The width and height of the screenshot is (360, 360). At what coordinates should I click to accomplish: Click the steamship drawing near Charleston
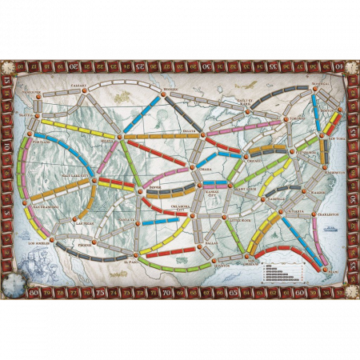point(334,229)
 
